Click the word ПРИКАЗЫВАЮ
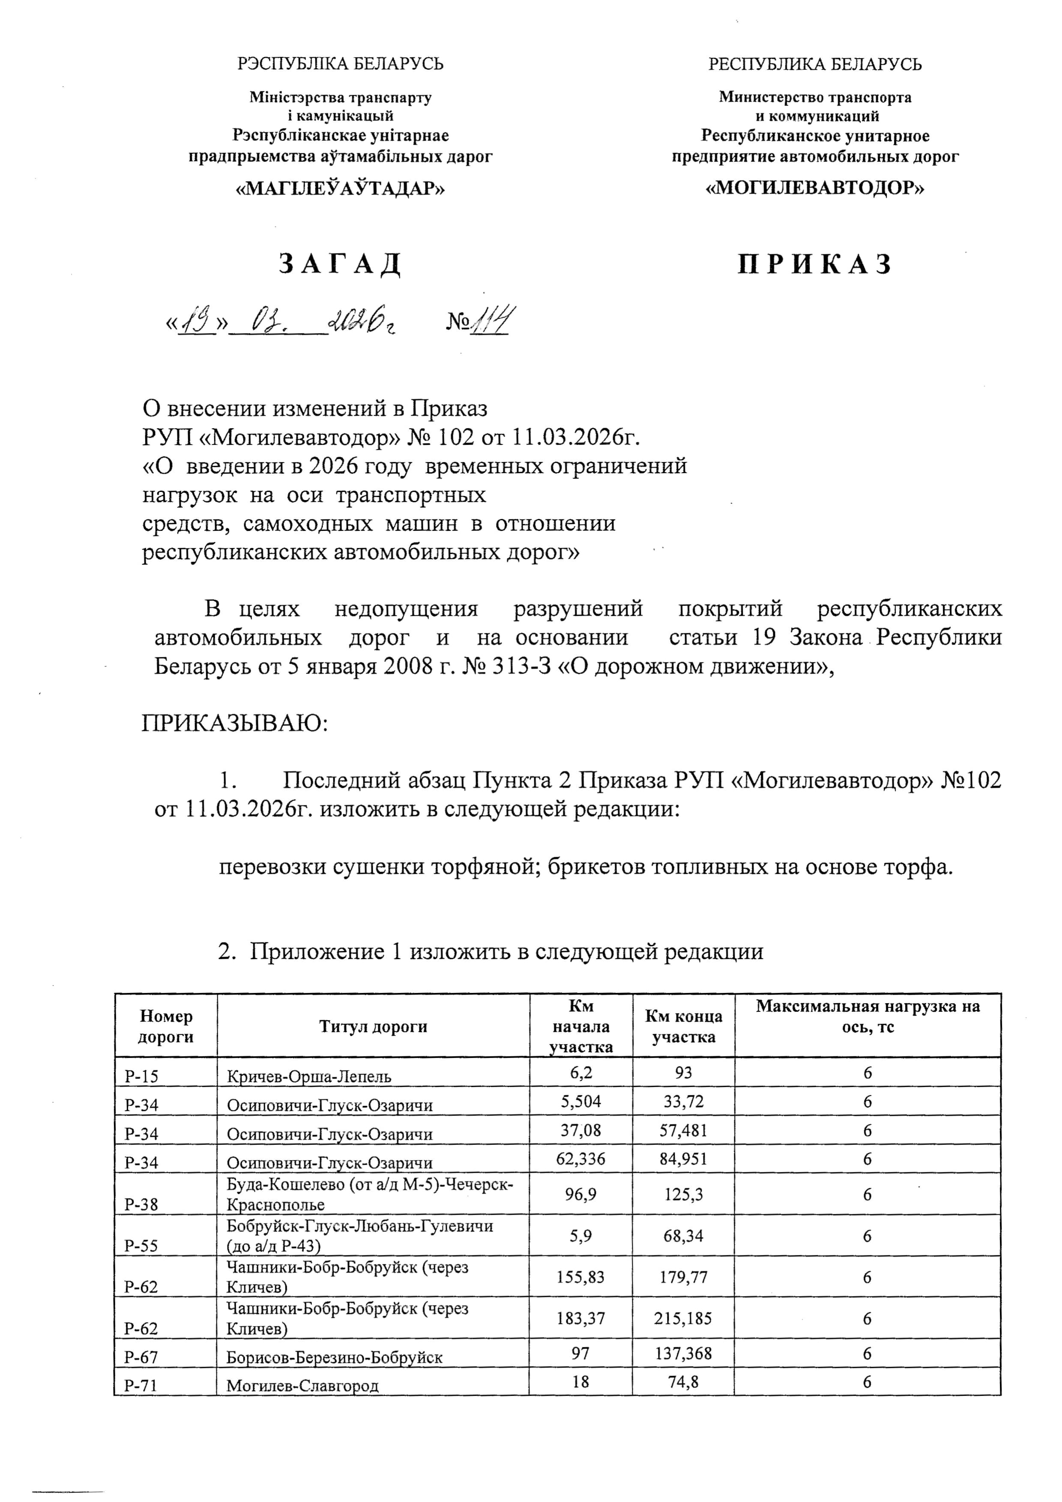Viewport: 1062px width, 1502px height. coord(235,723)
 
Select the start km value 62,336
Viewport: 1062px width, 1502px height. coord(580,1159)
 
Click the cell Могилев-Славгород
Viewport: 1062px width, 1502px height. coord(302,1386)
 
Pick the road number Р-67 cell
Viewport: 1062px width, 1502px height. coord(141,1357)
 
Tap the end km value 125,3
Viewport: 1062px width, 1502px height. coord(683,1195)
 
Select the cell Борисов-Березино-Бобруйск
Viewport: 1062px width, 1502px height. coord(335,1357)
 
